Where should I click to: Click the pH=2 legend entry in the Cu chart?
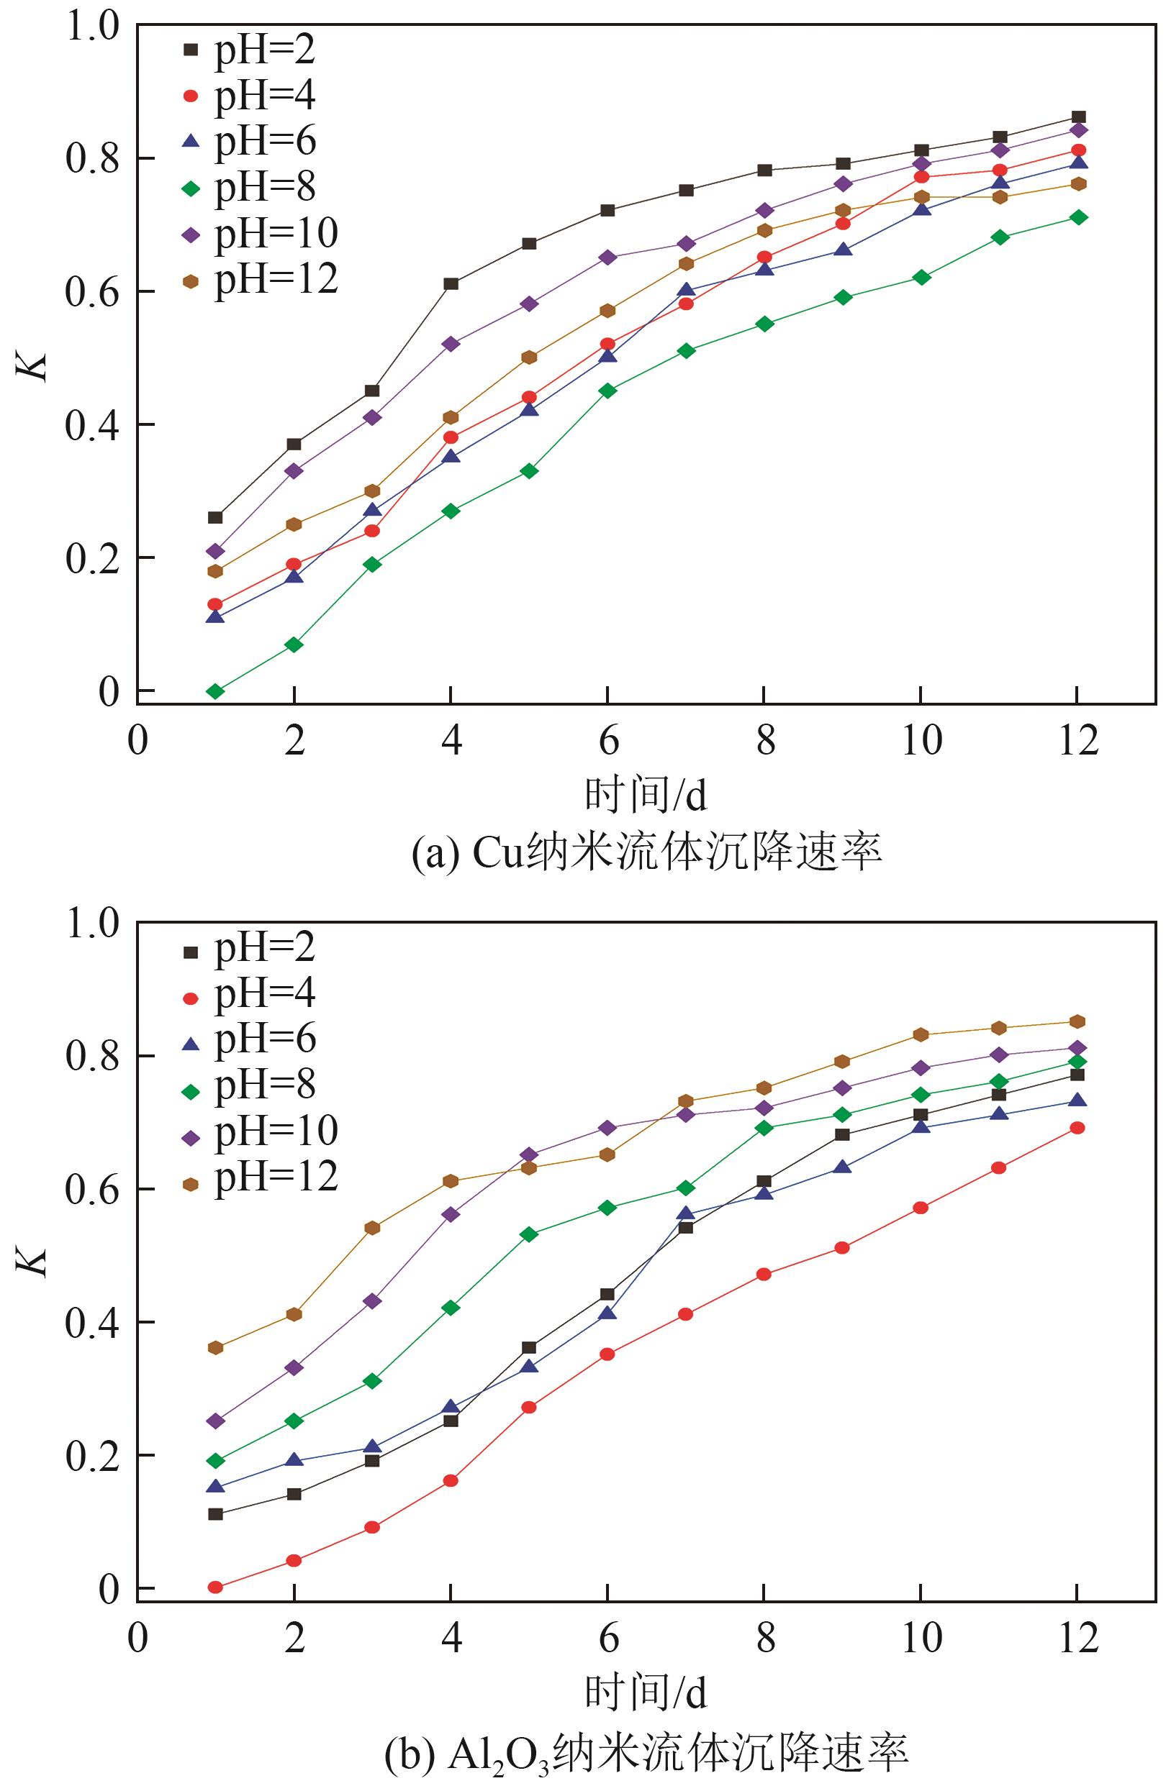click(x=248, y=50)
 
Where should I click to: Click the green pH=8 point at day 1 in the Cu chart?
click(x=215, y=691)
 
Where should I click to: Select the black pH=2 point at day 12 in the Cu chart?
click(x=1078, y=117)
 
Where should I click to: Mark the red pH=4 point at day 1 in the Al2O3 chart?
click(x=215, y=1587)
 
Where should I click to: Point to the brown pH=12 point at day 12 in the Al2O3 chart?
click(x=1077, y=1021)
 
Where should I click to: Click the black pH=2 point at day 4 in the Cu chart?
click(x=451, y=283)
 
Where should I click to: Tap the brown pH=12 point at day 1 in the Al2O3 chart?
click(x=215, y=1348)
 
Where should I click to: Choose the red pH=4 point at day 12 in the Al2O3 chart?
click(x=1077, y=1128)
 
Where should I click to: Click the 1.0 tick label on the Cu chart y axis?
click(x=92, y=27)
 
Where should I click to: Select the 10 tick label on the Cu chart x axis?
click(x=921, y=742)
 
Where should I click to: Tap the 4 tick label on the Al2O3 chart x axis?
click(x=451, y=1638)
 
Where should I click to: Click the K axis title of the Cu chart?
click(x=34, y=365)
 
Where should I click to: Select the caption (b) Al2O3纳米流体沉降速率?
click(x=646, y=1751)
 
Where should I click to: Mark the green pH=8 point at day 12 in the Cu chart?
click(x=1078, y=218)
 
